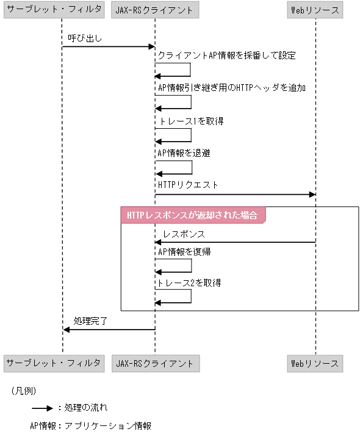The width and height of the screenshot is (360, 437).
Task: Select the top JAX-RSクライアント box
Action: [155, 10]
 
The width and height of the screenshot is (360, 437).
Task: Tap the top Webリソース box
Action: [315, 10]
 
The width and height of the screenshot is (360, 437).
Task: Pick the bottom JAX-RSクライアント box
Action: [155, 363]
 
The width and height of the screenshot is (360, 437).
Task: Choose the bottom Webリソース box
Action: [315, 363]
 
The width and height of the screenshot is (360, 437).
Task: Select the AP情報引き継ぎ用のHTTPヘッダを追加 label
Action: [231, 88]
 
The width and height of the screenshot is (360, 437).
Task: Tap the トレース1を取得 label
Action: [190, 121]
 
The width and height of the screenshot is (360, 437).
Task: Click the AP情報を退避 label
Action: [184, 153]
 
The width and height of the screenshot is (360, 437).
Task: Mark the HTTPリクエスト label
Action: [188, 184]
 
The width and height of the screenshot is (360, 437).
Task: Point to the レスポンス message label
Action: [184, 234]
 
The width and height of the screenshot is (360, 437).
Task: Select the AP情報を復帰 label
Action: [184, 251]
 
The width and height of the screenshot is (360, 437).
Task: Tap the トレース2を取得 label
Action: [189, 283]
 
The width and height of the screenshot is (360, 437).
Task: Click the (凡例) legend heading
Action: [24, 389]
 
